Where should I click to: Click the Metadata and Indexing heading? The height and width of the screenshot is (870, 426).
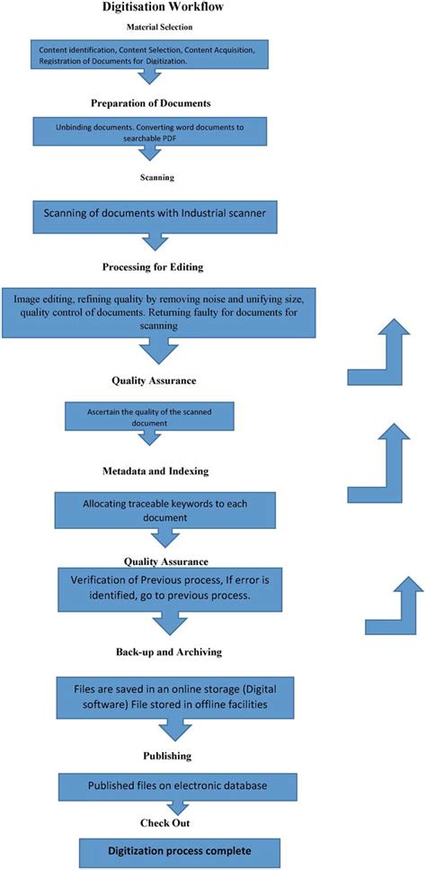[x=158, y=471]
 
